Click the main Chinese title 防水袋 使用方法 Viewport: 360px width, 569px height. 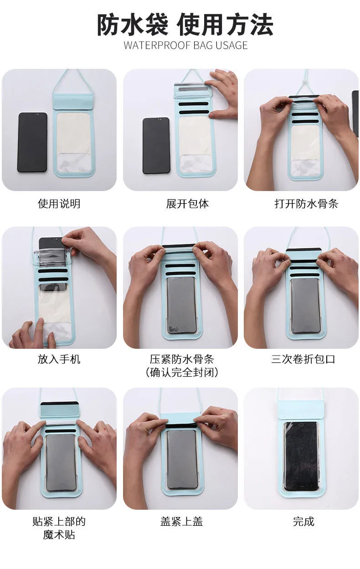[185, 25]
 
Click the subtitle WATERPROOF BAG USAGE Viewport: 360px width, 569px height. [185, 46]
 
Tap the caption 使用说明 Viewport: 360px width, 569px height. [59, 204]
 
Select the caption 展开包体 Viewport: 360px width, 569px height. [187, 204]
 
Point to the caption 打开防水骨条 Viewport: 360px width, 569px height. [306, 204]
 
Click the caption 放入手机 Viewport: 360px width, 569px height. [59, 359]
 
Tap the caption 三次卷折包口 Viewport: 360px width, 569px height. [303, 359]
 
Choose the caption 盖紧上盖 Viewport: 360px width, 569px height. [181, 522]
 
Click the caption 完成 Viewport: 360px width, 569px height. [303, 522]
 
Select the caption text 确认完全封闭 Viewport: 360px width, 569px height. [182, 372]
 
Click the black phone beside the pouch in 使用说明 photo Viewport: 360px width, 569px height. [32, 143]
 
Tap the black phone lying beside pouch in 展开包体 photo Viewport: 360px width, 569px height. [156, 146]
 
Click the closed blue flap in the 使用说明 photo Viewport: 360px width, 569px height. [73, 102]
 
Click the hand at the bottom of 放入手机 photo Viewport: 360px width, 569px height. [33, 334]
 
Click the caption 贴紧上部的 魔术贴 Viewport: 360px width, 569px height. [59, 528]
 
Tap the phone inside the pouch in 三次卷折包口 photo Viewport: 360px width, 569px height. [305, 306]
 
